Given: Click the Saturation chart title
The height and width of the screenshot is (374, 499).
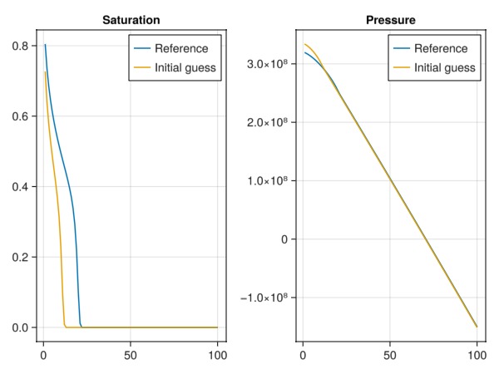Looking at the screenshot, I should click(131, 19).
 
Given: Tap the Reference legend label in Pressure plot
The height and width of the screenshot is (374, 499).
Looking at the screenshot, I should click(441, 49).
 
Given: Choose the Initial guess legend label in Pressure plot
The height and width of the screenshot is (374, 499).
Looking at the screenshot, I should click(446, 67).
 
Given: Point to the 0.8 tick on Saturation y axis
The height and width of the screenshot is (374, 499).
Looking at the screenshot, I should click(23, 47).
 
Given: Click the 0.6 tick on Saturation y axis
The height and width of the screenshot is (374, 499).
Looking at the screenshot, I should click(23, 116).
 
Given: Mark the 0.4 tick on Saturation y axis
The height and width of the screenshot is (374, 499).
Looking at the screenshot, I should click(23, 187).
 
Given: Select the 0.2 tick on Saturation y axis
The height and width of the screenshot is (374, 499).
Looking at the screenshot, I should click(23, 258).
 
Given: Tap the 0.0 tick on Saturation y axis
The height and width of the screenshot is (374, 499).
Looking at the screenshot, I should click(23, 327).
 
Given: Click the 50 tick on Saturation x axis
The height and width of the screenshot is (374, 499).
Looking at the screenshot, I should click(131, 353).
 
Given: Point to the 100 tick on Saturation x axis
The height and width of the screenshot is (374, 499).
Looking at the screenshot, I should click(217, 353).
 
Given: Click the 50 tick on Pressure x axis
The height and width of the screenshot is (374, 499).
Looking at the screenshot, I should click(390, 353).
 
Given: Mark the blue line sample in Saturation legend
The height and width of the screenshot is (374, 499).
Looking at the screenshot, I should click(142, 49).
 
